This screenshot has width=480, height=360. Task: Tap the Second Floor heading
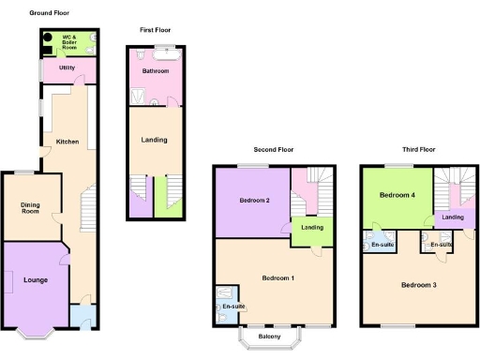273,149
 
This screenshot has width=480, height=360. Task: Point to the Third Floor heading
418,149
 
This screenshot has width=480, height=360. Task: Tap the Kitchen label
67,142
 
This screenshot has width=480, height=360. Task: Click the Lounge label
36,279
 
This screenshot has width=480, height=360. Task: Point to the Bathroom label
156,71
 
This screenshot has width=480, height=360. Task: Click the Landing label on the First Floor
154,140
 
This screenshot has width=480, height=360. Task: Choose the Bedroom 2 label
254,201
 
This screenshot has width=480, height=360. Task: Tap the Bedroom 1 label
278,278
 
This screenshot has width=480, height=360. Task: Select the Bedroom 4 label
396,195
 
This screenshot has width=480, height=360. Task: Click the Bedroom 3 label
419,284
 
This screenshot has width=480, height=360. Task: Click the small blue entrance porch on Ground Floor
82,316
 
